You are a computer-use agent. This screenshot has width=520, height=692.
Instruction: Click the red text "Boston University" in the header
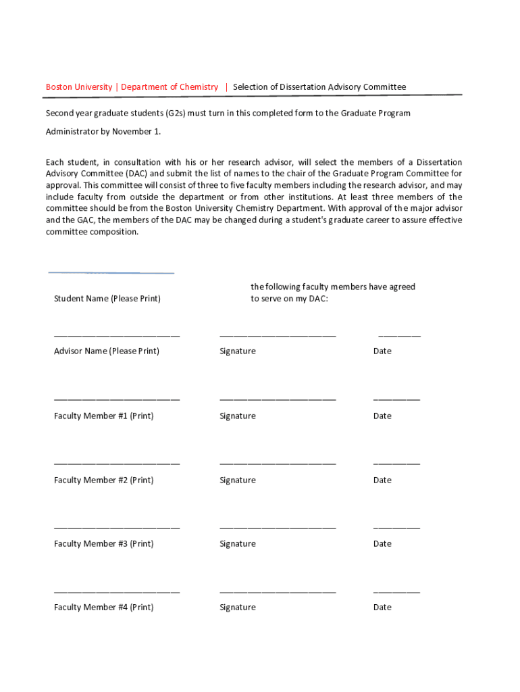(79, 87)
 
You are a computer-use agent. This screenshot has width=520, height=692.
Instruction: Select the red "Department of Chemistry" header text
(170, 87)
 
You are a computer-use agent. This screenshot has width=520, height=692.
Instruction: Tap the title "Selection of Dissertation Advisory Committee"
(319, 87)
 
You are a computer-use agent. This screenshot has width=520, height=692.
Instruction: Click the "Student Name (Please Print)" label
(107, 299)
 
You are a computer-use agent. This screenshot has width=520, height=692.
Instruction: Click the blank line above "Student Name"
(111, 273)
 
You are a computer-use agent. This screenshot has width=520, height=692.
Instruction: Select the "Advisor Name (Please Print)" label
(107, 351)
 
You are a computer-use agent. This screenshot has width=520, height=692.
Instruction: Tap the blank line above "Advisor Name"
(117, 335)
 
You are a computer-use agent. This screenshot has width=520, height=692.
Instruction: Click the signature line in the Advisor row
(278, 335)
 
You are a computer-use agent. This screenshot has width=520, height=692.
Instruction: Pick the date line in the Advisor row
(399, 335)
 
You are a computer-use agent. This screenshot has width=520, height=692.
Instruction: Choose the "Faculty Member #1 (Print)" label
(103, 416)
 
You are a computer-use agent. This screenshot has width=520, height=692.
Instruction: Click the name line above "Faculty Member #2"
(117, 464)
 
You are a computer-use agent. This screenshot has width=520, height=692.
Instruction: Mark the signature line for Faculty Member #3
(278, 528)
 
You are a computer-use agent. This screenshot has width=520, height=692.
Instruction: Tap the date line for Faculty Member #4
(396, 592)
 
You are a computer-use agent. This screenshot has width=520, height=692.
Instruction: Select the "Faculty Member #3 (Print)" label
(103, 544)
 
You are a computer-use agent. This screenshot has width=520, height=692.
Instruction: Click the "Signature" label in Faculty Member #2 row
(238, 480)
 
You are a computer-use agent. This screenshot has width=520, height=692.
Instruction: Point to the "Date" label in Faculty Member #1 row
(382, 416)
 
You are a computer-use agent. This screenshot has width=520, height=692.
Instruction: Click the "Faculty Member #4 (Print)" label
(103, 608)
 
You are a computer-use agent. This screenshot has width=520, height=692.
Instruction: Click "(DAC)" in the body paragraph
(136, 173)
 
